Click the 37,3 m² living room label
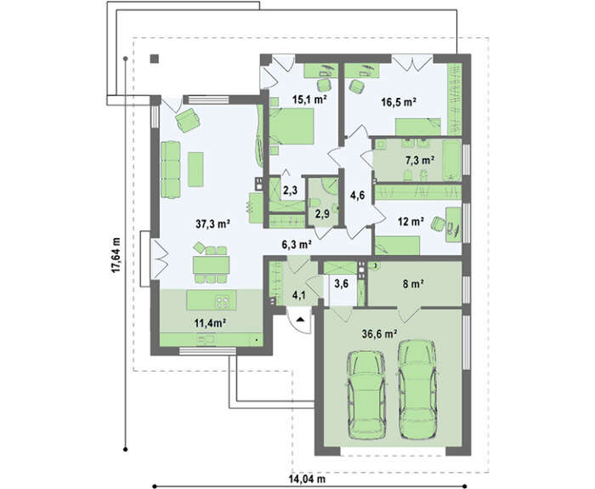(212, 224)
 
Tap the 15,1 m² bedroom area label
(309, 100)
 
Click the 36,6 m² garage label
(379, 334)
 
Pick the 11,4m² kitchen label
(210, 323)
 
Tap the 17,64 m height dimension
(116, 255)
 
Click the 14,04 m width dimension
(307, 479)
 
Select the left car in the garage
(367, 395)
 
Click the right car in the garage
(417, 389)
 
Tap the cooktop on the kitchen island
(223, 301)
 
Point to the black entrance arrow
(301, 319)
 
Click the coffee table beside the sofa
(195, 169)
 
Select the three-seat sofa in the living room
(170, 170)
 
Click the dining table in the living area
(211, 265)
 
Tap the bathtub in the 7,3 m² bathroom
(451, 160)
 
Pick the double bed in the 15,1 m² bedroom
(292, 127)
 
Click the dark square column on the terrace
(154, 59)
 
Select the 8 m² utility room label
(413, 283)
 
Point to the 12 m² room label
(411, 221)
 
